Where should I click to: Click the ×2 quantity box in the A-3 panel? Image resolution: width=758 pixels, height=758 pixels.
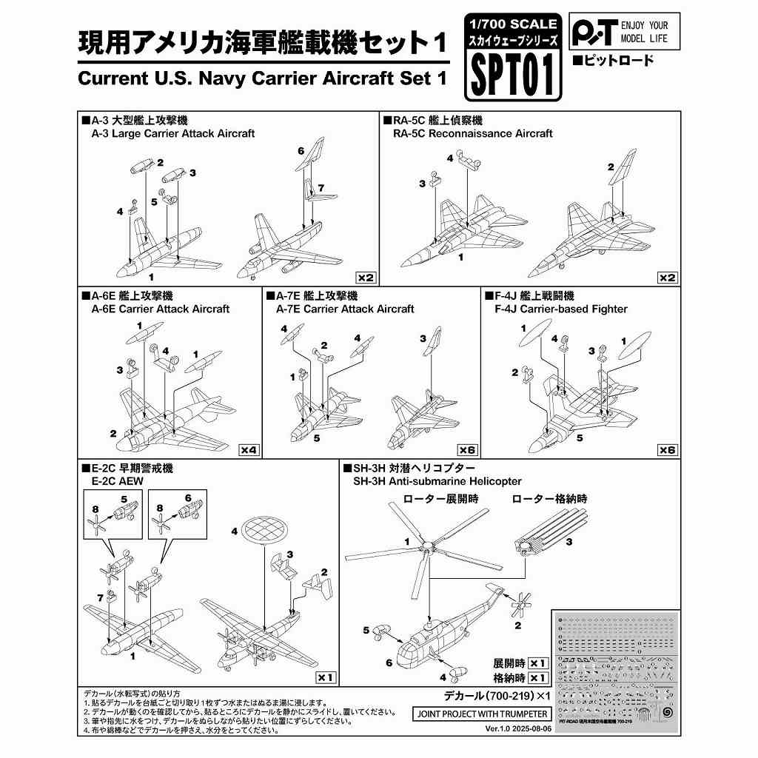(366, 278)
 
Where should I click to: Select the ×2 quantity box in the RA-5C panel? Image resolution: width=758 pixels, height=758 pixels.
(667, 278)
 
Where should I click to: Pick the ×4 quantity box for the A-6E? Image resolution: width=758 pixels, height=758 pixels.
(249, 449)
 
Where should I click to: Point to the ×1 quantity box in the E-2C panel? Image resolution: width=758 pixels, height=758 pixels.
(325, 677)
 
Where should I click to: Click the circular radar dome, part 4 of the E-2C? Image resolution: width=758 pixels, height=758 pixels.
(267, 530)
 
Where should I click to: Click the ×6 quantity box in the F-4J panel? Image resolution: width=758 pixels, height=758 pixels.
(667, 449)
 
